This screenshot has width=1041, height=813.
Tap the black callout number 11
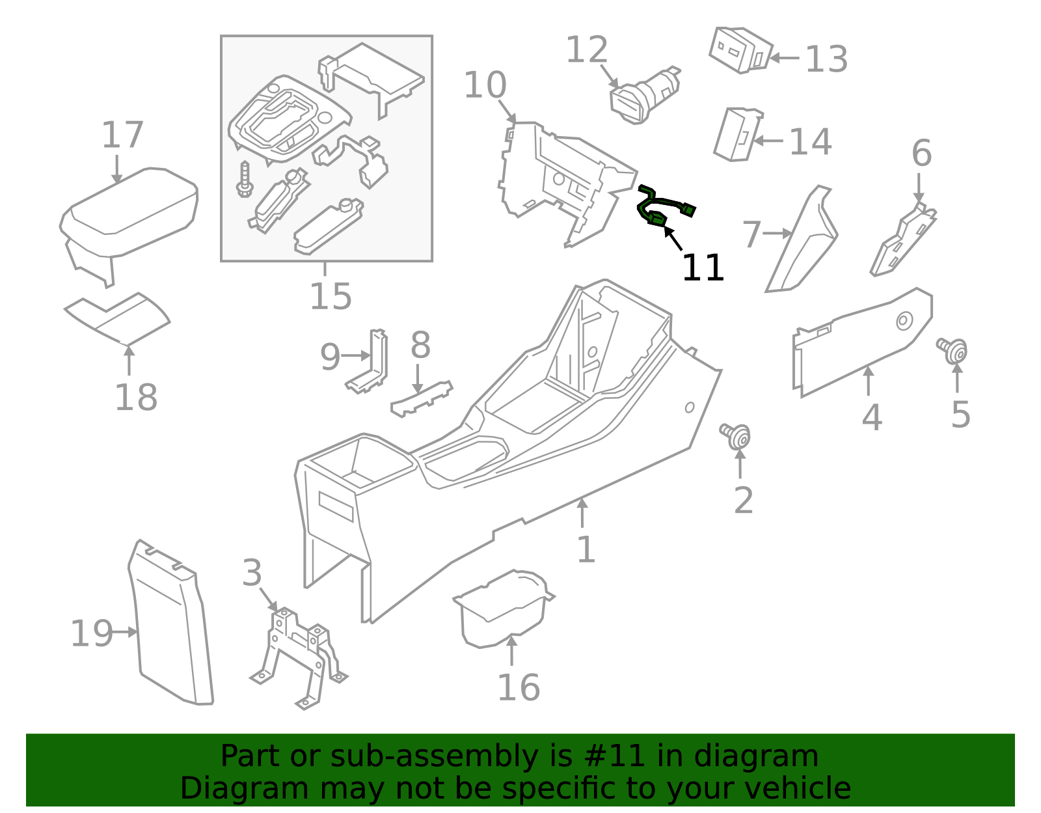coord(702,268)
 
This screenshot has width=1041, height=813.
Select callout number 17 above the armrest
coord(122,135)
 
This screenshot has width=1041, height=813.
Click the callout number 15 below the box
coord(331,296)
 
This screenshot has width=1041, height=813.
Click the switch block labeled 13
coord(740,49)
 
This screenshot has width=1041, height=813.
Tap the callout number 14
coord(810,142)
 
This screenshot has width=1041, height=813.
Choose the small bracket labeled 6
coord(904,241)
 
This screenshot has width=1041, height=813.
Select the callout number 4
coord(871,417)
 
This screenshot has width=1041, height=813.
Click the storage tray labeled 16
coord(501,609)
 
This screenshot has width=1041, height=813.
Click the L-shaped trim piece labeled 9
coord(371,365)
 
